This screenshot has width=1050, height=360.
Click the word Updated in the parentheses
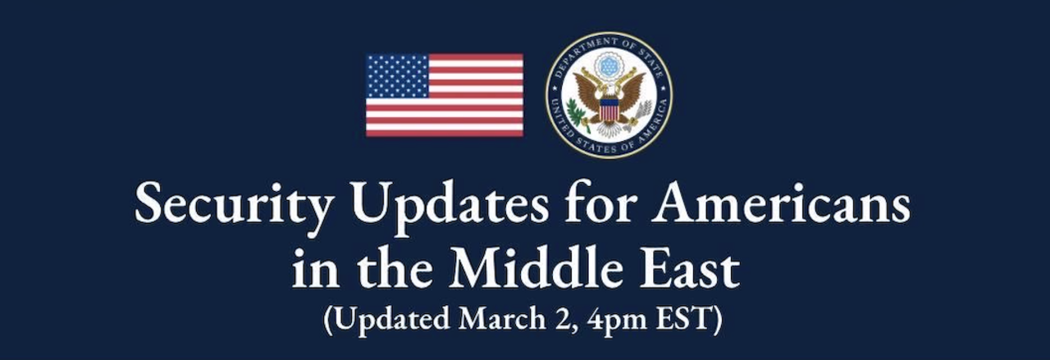tap(388, 319)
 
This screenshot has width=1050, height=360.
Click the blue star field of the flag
tap(397, 76)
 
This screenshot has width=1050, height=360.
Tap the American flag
tap(444, 95)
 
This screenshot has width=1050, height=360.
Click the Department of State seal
tap(609, 95)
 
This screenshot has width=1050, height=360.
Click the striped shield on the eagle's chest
tap(608, 109)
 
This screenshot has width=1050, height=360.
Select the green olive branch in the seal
tap(580, 115)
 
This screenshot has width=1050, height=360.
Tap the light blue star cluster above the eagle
tap(609, 64)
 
